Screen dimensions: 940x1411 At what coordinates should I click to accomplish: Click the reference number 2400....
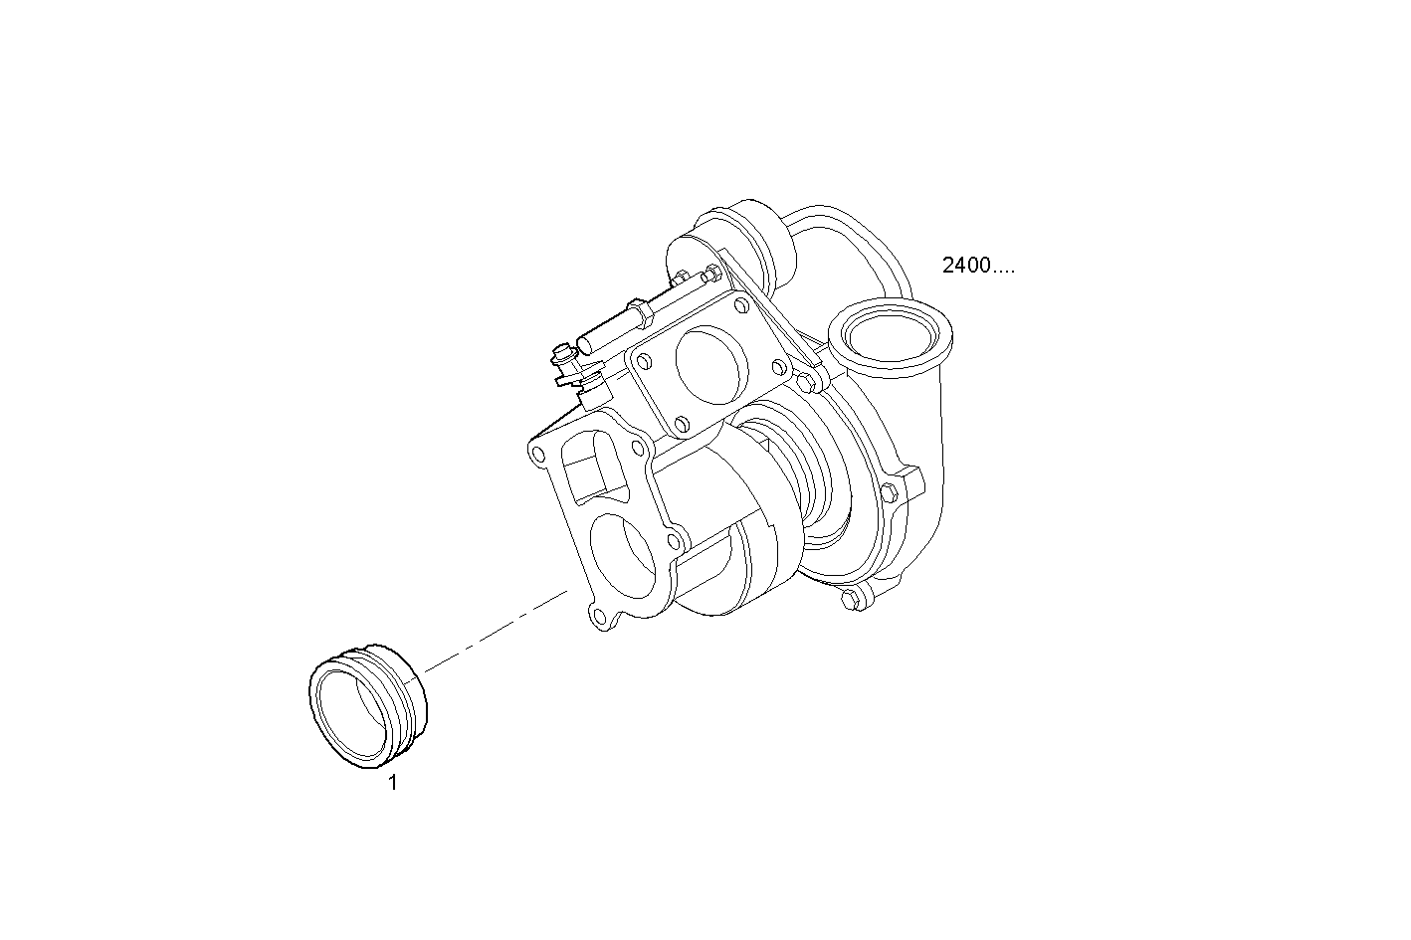[x=977, y=266]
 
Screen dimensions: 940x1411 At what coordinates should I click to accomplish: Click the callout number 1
[x=392, y=783]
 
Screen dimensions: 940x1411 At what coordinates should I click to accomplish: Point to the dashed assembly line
[x=498, y=629]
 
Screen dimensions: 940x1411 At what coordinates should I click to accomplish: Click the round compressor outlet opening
[x=890, y=336]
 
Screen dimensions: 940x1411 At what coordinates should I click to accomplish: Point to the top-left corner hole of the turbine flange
[x=539, y=455]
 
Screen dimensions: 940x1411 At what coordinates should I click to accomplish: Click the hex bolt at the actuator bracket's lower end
[x=805, y=380]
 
